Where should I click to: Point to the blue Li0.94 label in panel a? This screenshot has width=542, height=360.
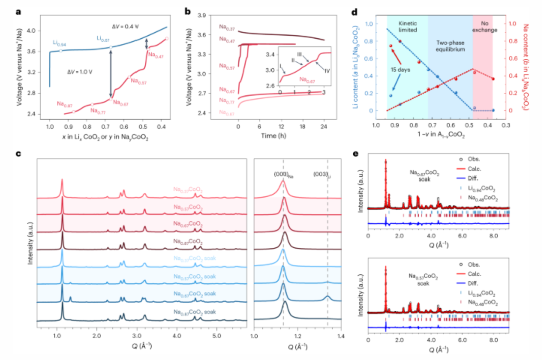click(59, 44)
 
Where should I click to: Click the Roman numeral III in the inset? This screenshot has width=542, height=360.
click(299, 54)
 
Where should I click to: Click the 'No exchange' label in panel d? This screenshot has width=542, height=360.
click(483, 28)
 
